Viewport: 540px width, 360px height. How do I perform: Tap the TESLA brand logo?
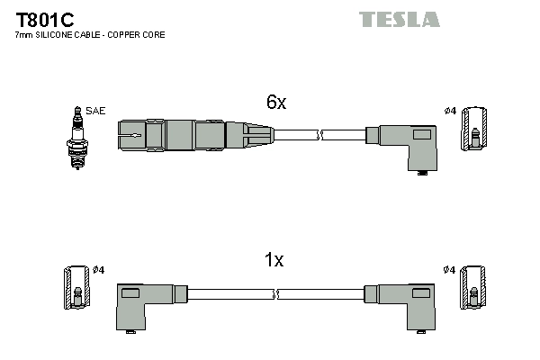400,19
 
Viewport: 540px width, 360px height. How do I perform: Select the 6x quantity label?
276,103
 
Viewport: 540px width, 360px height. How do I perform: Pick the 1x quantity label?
274,260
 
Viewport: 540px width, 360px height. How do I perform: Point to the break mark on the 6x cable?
319,135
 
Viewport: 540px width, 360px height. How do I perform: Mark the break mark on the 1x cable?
277,293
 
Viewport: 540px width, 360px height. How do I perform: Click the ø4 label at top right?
450,112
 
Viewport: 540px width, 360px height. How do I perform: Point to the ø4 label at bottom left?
99,270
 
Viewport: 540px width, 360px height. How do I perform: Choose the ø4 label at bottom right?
450,270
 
